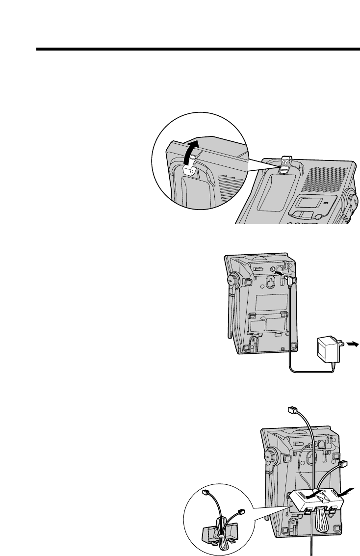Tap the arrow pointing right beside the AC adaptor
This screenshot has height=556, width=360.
click(352, 344)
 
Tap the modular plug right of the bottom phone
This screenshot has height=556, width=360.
click(343, 464)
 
